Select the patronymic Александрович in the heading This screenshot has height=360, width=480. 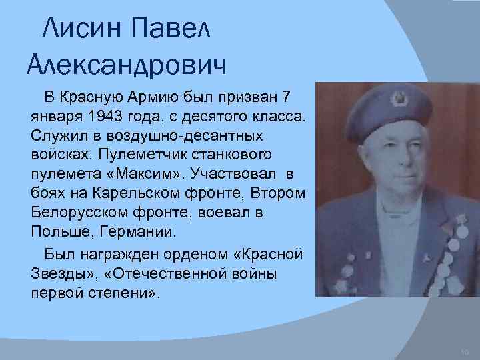[x=127, y=64]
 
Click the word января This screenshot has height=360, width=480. [x=55, y=117]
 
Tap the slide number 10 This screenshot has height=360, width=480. [x=465, y=351]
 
